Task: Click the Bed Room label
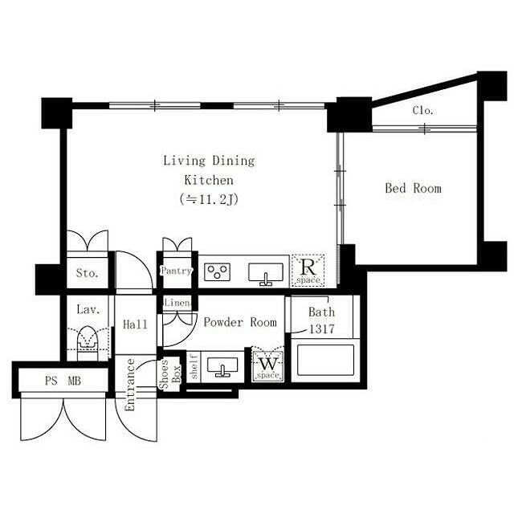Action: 413,188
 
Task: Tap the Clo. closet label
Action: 423,111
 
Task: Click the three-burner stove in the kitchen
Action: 217,272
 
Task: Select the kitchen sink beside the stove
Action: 266,274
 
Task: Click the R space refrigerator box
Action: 308,271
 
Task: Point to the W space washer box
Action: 267,366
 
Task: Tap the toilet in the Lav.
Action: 88,342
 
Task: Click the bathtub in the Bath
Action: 325,360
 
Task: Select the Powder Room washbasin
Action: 222,367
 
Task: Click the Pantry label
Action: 176,271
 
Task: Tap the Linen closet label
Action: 177,303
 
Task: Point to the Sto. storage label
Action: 87,273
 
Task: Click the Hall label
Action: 135,324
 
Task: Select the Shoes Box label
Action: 170,374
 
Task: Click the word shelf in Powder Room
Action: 194,366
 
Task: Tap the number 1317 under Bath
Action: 321,328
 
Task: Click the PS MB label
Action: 63,381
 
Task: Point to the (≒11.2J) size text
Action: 209,199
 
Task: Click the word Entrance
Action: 130,385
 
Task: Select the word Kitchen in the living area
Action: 209,180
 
